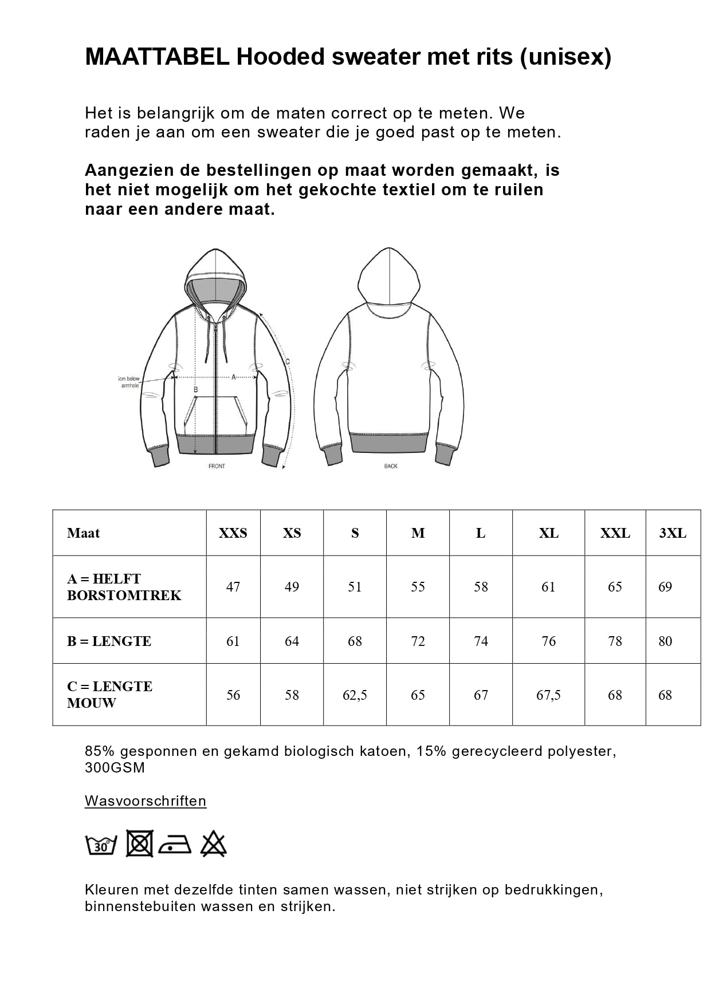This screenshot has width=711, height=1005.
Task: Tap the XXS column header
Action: tap(233, 533)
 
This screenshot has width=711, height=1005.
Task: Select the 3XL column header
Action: tap(673, 533)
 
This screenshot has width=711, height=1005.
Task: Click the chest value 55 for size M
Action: tap(418, 587)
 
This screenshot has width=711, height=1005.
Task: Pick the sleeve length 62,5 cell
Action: tap(355, 695)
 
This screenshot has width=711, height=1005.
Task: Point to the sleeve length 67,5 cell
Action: tap(548, 695)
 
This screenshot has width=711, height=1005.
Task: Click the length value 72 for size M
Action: tap(418, 641)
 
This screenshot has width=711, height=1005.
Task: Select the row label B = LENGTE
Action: tap(109, 641)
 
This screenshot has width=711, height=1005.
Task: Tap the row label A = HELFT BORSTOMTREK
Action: tap(124, 587)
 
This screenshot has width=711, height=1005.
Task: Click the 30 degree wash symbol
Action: tap(101, 845)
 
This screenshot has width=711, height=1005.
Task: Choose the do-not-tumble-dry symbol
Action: tap(139, 844)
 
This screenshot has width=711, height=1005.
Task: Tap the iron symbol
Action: tap(175, 845)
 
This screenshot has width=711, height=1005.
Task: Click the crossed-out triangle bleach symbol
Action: tap(214, 844)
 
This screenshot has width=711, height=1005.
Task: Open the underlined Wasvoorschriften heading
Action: tap(146, 801)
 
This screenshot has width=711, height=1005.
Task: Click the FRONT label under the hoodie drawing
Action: tap(217, 466)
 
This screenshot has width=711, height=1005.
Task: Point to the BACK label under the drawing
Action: tap(391, 466)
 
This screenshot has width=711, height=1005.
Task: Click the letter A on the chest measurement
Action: tap(234, 377)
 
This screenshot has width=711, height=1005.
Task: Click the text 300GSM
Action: tap(115, 768)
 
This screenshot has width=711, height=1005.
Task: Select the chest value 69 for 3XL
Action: tap(665, 587)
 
